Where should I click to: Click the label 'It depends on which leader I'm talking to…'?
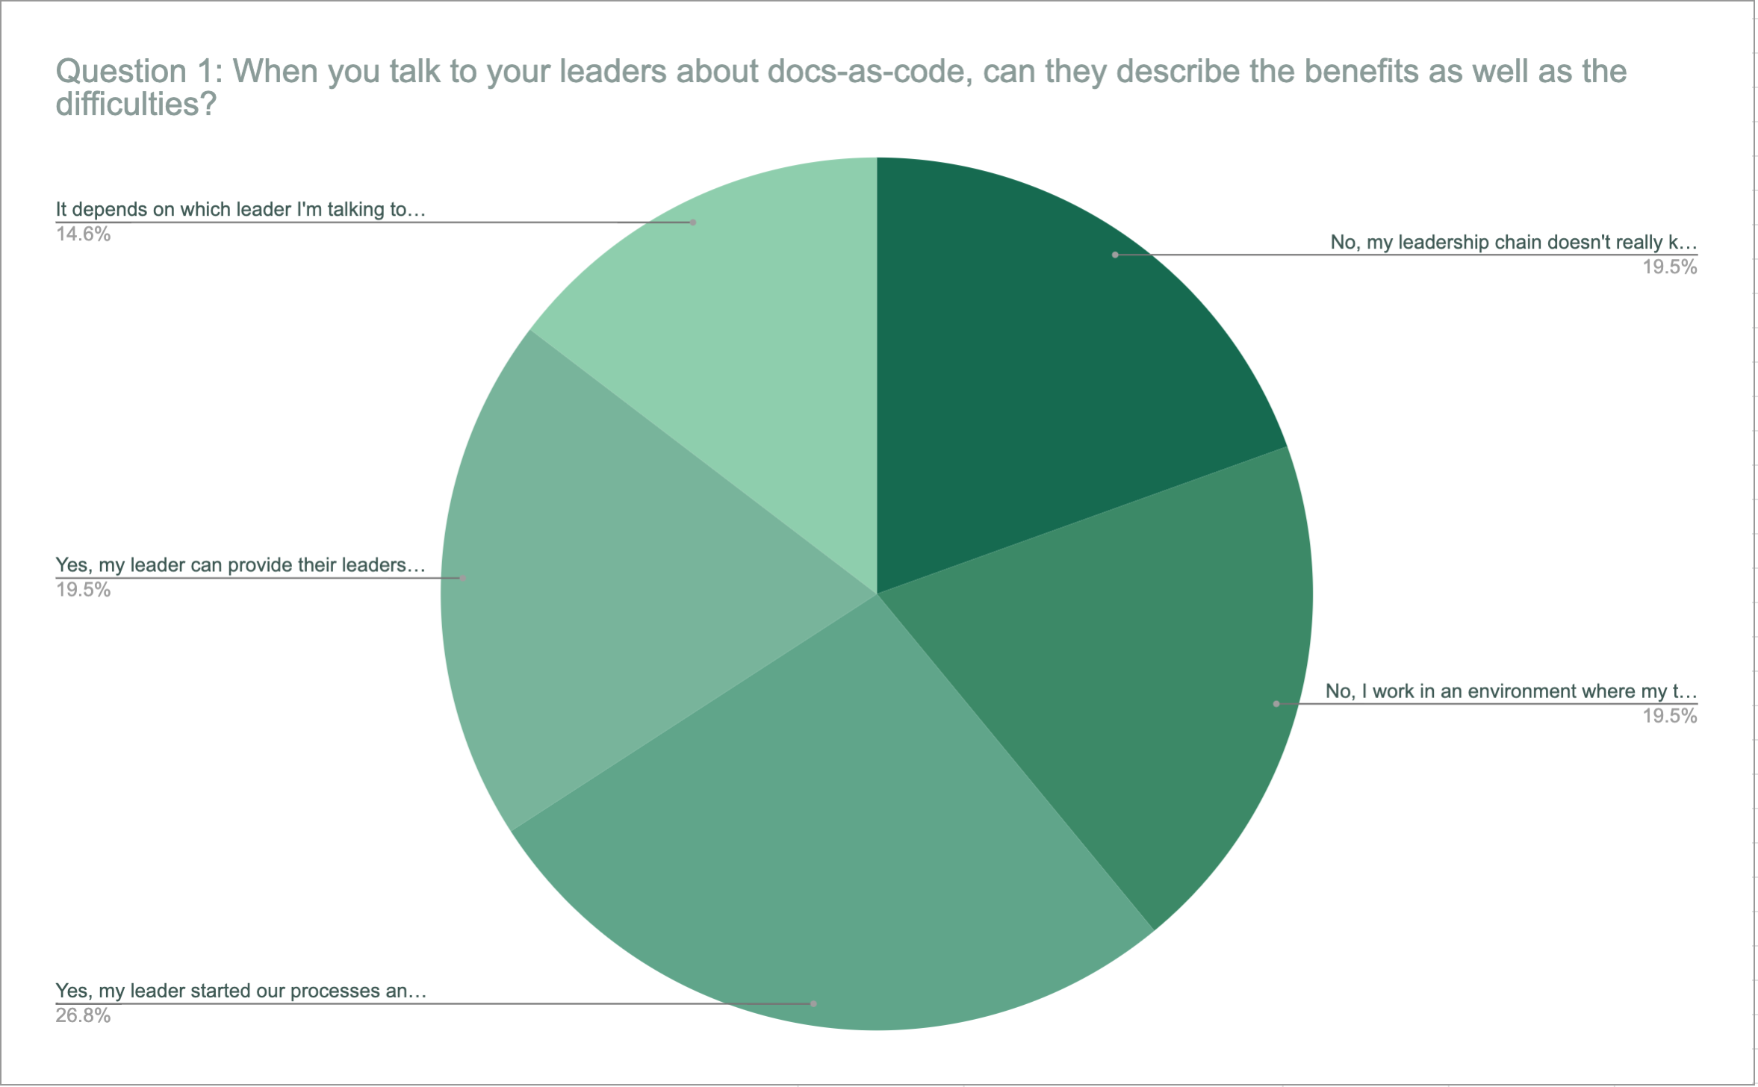click(x=240, y=210)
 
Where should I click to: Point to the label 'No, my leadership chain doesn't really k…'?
click(x=1513, y=243)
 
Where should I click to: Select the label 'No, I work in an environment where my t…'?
click(x=1511, y=691)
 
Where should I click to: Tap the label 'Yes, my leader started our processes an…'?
click(x=240, y=991)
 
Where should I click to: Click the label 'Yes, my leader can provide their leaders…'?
click(x=240, y=565)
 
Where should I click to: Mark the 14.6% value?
click(x=83, y=234)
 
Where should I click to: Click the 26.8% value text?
click(x=83, y=1016)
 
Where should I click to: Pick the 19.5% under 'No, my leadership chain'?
click(x=1669, y=267)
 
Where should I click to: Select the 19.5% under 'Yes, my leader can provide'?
click(x=83, y=591)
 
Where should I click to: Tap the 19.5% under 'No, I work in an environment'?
click(x=1669, y=717)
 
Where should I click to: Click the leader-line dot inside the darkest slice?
click(x=1115, y=255)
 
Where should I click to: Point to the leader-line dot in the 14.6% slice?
click(x=693, y=222)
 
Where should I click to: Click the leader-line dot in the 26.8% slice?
click(x=814, y=1004)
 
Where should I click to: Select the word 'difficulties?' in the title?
click(x=136, y=105)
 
